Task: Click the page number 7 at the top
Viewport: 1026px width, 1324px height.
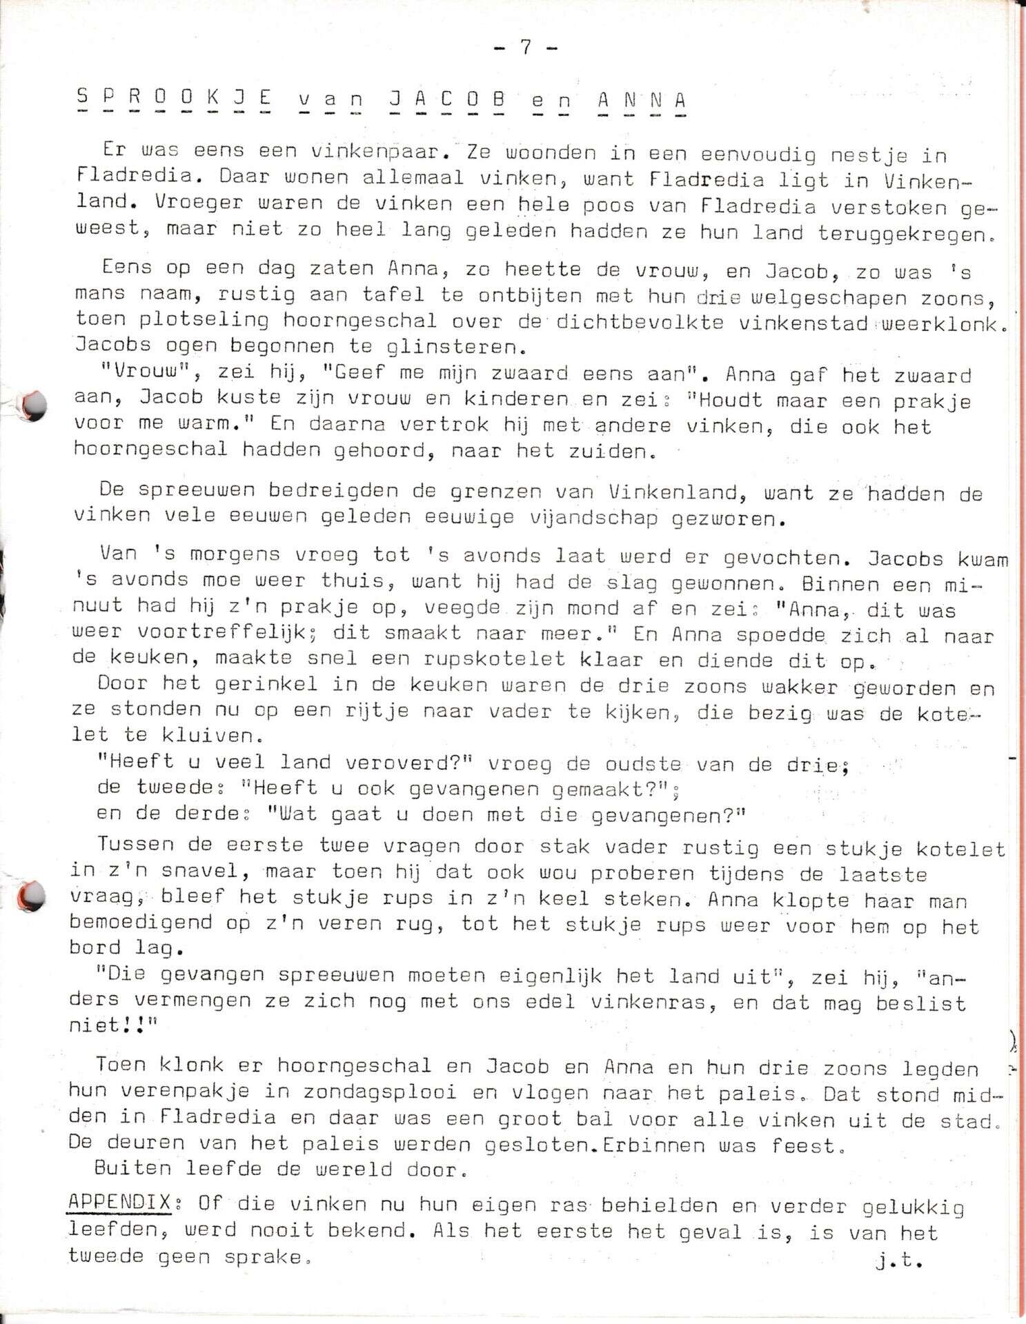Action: pyautogui.click(x=526, y=47)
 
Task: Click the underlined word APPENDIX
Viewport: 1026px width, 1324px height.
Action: pyautogui.click(x=119, y=1203)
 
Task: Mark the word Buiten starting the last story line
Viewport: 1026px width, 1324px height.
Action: pyautogui.click(x=132, y=1170)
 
